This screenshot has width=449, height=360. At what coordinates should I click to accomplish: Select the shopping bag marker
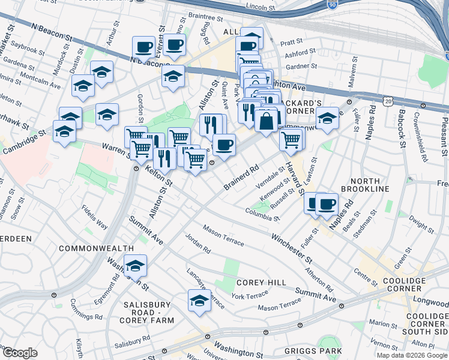click(x=266, y=121)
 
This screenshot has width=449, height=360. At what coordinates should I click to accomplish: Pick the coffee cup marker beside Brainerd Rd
click(x=224, y=145)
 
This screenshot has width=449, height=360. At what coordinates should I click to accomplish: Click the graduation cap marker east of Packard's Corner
click(x=327, y=118)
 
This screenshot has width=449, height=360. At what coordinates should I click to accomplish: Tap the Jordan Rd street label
click(x=198, y=244)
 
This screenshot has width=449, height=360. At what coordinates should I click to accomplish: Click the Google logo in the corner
click(x=19, y=353)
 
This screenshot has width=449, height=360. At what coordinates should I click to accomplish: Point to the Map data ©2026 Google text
click(x=411, y=355)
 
